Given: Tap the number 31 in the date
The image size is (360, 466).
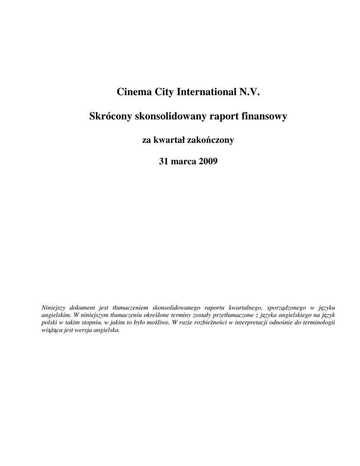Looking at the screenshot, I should point(163,162).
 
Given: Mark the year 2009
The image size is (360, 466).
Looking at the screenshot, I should point(208,162).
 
